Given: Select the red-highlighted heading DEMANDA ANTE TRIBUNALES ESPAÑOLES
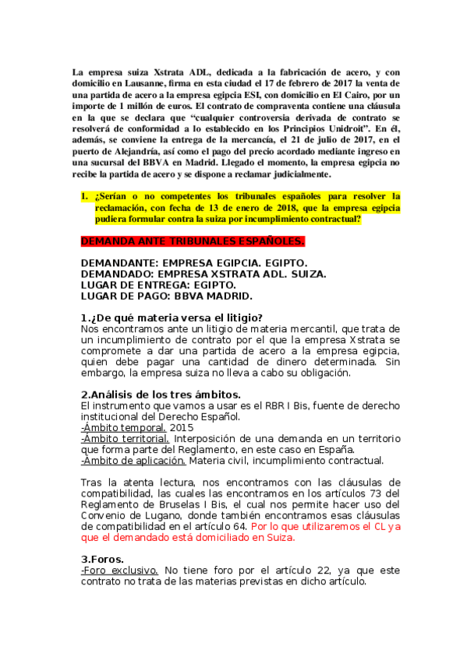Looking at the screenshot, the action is coord(193,241).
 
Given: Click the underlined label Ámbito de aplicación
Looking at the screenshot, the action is coord(133,460).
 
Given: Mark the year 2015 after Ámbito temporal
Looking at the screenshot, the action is coord(182,427).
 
